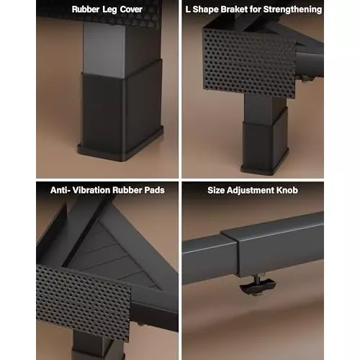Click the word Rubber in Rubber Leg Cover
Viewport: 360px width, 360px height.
[86, 9]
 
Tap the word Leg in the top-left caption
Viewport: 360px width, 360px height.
[109, 10]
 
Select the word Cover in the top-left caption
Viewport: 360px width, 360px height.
[131, 9]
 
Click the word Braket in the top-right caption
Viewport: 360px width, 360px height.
[234, 9]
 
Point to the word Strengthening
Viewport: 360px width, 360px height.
[292, 10]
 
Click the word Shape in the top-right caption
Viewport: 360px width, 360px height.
[205, 10]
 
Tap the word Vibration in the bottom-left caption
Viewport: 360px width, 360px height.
[91, 190]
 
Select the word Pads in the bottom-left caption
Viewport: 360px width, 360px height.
[154, 190]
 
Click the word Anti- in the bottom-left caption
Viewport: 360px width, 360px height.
[60, 190]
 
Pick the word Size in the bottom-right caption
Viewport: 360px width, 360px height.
[216, 190]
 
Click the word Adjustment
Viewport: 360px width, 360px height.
[251, 191]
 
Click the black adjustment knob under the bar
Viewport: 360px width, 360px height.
[258, 285]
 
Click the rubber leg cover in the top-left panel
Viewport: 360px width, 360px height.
[121, 110]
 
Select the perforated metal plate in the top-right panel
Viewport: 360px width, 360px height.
[250, 63]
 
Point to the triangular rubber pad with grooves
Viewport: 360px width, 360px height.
[113, 254]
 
